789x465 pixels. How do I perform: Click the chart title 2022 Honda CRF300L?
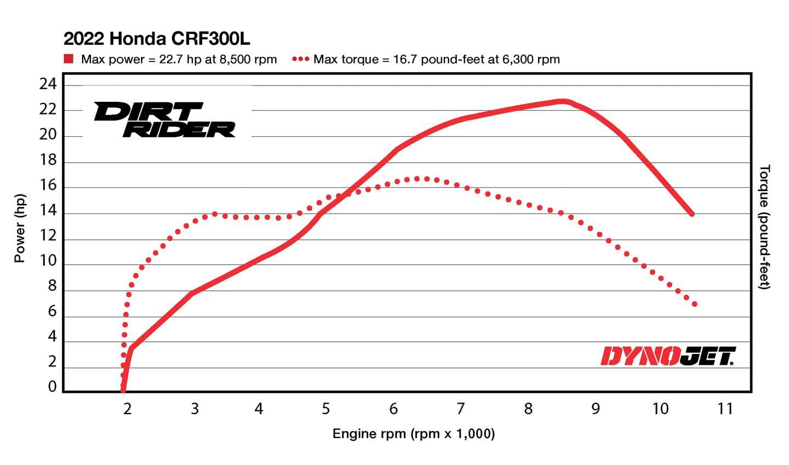(157, 39)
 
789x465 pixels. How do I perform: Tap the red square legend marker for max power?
(68, 59)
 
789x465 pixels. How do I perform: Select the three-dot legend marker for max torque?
(301, 59)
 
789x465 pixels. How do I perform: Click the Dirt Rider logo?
(164, 119)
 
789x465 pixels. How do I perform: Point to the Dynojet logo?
(668, 356)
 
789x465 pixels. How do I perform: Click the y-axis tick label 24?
(48, 84)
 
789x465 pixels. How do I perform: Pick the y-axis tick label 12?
(48, 236)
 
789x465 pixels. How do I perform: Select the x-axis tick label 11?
(724, 409)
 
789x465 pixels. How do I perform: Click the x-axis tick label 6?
(393, 409)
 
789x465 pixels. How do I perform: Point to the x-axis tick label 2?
(127, 409)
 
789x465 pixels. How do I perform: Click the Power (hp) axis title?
(20, 228)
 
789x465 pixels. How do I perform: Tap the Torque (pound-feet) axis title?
(765, 227)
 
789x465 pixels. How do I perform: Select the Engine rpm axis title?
(413, 434)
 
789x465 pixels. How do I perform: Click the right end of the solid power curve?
(691, 214)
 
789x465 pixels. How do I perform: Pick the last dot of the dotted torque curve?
(695, 304)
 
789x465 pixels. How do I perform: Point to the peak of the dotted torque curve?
(418, 179)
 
